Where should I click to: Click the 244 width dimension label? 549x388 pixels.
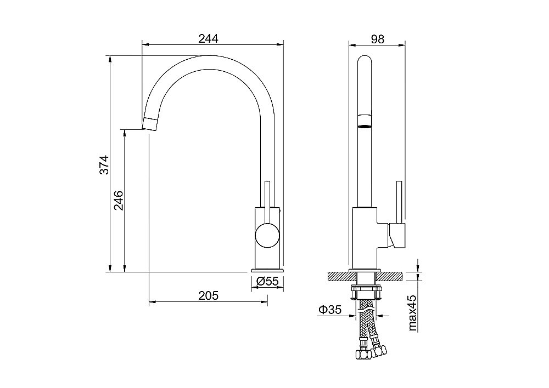[208, 38]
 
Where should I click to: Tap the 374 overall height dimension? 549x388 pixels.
[104, 164]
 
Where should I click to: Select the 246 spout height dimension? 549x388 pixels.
[119, 200]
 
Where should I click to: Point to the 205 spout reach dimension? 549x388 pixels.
[208, 296]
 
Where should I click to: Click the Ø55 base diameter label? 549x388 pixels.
[267, 281]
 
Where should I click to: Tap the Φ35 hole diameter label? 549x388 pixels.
[330, 310]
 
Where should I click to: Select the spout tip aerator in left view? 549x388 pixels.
[150, 124]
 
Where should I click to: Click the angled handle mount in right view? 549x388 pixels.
[397, 236]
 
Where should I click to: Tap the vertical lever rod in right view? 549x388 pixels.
[399, 202]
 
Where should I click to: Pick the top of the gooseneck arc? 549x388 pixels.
[209, 56]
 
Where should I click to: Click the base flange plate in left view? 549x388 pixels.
[267, 270]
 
